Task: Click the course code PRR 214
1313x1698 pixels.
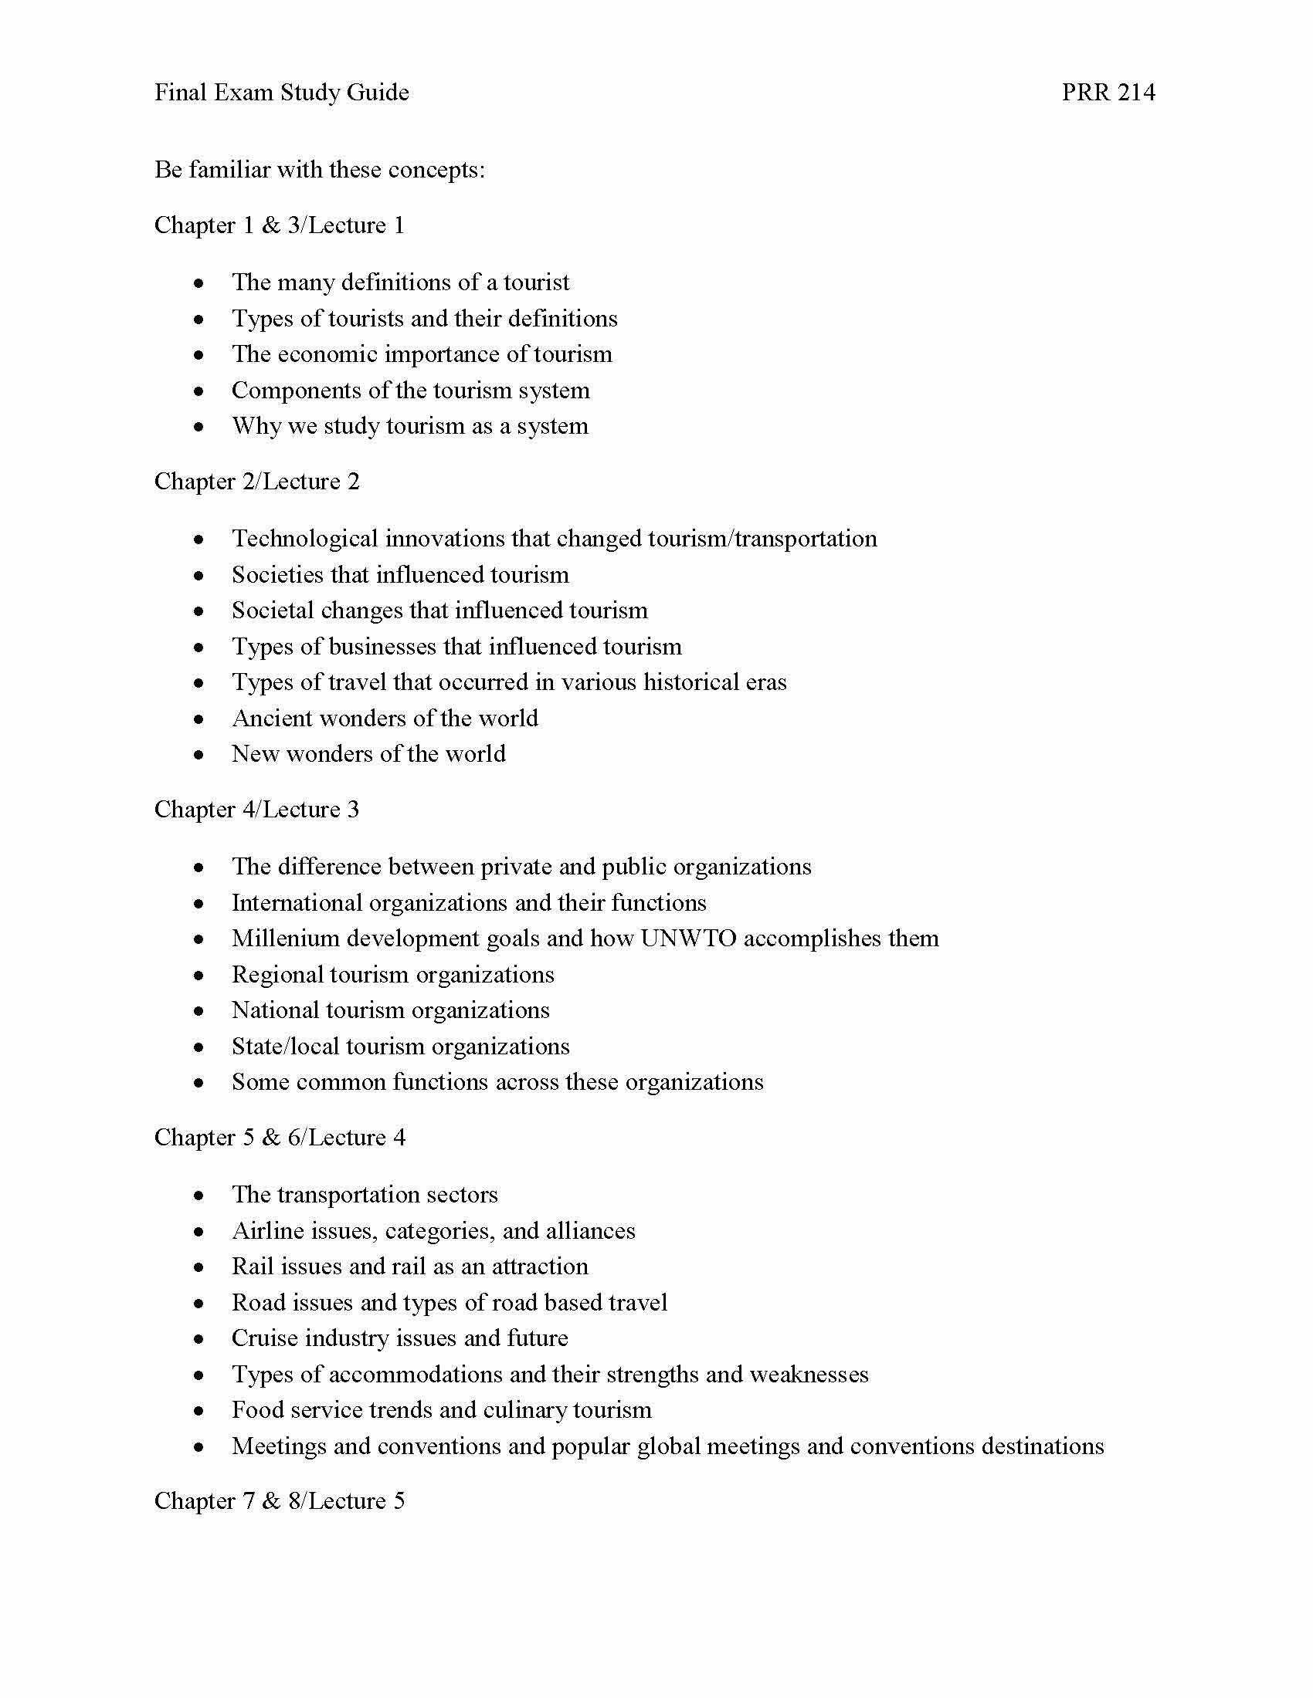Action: coord(1108,93)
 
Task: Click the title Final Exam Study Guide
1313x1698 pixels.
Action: coord(282,93)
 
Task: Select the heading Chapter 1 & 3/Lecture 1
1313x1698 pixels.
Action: coord(280,225)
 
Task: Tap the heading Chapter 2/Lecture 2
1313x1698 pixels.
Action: coord(256,482)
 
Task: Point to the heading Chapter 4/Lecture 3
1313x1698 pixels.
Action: coord(256,810)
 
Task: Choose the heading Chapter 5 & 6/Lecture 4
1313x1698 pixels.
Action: coord(280,1138)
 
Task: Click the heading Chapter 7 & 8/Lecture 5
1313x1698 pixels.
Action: coord(280,1500)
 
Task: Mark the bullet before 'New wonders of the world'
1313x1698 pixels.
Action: coord(200,754)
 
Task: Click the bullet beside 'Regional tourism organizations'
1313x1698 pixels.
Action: coord(200,975)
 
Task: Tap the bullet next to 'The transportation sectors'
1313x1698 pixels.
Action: coord(200,1195)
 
